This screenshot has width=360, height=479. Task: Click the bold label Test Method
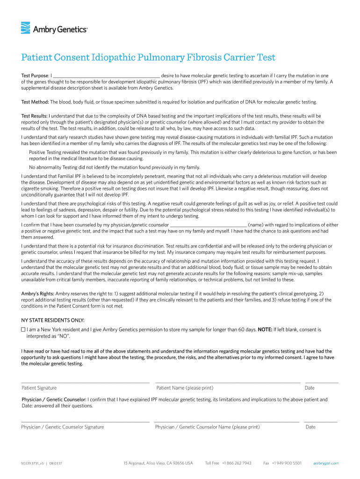35,102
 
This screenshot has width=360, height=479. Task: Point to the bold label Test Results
35,116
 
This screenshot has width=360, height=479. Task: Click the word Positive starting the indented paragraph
37,152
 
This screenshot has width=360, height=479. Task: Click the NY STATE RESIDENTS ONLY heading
53,320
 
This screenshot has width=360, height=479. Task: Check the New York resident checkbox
23,330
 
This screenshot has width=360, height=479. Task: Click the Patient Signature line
85,382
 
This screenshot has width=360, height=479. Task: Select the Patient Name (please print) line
228,382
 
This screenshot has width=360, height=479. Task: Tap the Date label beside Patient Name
310,388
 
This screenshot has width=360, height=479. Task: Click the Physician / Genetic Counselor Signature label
63,427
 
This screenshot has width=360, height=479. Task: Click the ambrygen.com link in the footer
326,464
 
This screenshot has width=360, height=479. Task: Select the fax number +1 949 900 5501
286,464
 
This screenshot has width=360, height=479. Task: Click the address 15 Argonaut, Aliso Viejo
158,464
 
